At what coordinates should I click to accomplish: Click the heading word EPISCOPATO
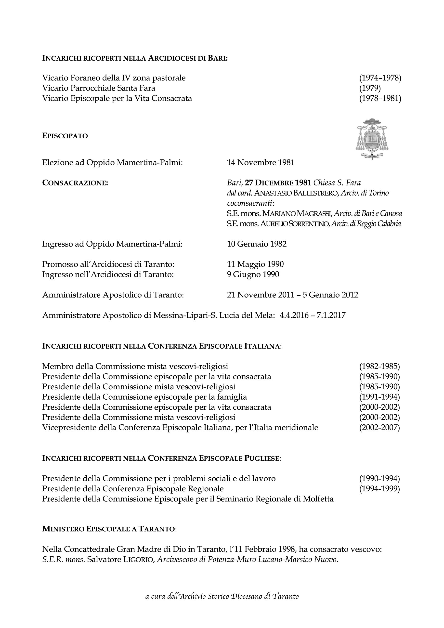tap(65, 136)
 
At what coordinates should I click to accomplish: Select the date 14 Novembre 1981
tap(261, 162)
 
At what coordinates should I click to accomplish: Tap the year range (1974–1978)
tap(380, 78)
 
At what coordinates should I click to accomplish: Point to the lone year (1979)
tap(370, 88)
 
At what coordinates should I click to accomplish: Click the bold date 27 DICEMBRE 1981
tap(278, 183)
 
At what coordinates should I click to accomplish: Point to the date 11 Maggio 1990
tap(255, 264)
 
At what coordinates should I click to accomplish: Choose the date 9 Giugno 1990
tap(253, 274)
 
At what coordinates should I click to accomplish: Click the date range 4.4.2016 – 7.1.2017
tap(313, 315)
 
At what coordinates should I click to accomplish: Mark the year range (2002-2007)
tap(379, 427)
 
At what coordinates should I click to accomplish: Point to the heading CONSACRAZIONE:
tap(75, 183)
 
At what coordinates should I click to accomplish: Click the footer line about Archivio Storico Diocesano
tap(222, 604)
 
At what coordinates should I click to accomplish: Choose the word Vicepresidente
tap(65, 427)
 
